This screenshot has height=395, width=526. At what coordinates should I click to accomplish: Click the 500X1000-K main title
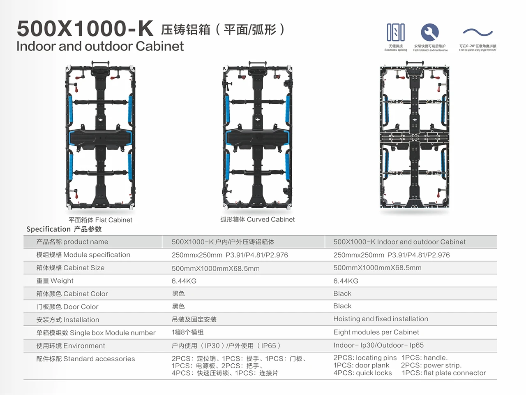(x=85, y=28)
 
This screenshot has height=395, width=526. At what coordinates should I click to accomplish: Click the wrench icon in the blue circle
(x=430, y=32)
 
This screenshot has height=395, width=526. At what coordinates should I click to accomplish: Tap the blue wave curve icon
(x=478, y=33)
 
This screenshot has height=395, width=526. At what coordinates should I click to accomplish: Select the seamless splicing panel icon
(x=396, y=32)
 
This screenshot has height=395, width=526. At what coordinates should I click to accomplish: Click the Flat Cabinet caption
(x=100, y=220)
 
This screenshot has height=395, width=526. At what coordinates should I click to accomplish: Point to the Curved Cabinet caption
(x=257, y=220)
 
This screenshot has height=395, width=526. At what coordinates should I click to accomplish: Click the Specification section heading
(x=64, y=229)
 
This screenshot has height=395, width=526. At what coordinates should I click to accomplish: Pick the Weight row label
(x=55, y=281)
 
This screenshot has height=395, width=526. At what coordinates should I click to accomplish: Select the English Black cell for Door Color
(x=342, y=306)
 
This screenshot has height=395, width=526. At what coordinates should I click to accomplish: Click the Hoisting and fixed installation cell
(x=381, y=319)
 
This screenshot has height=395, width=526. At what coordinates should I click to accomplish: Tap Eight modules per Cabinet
(x=376, y=332)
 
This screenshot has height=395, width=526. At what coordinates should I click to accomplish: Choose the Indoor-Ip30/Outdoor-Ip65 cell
(x=378, y=345)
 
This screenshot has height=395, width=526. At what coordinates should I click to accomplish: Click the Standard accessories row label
(x=85, y=359)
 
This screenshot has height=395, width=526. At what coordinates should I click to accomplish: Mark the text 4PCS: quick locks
(x=362, y=373)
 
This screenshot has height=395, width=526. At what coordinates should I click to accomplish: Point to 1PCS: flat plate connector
(x=444, y=373)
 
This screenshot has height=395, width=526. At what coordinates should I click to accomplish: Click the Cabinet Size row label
(x=70, y=268)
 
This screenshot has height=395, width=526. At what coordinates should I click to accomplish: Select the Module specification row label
(x=83, y=255)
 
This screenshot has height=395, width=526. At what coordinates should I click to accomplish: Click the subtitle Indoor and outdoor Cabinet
(x=100, y=46)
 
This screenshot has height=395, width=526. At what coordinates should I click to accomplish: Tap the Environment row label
(x=71, y=346)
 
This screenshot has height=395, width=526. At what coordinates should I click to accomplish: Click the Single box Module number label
(x=96, y=332)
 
